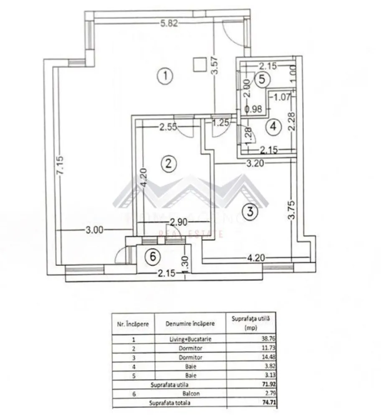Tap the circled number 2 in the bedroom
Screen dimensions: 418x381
[x=168, y=163]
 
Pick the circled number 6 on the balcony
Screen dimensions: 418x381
[x=153, y=257]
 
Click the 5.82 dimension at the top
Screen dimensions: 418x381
[x=170, y=24]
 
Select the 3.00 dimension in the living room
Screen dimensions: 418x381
[x=94, y=229]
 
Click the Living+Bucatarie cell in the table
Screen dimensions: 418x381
[x=190, y=339]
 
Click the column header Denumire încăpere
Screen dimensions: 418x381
[x=190, y=323]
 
